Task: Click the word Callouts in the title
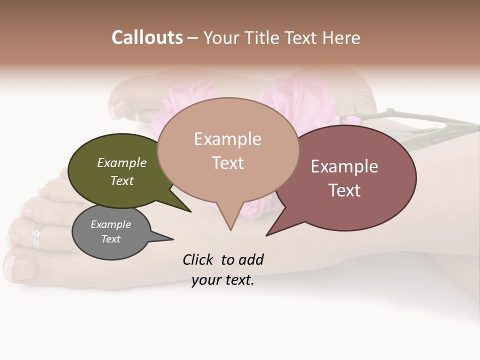[x=147, y=37]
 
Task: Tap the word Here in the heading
[x=340, y=38]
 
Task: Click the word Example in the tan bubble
[x=227, y=139]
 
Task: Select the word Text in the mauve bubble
[x=344, y=190]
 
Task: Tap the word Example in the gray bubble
[x=110, y=224]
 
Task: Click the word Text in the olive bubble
[x=122, y=181]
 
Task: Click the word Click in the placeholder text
[x=198, y=259]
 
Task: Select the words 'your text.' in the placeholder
[x=223, y=280]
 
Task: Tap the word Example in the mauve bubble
[x=344, y=166]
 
